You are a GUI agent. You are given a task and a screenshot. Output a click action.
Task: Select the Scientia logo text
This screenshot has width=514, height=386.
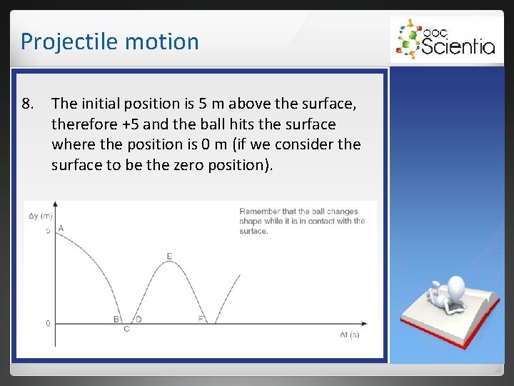tap(458, 46)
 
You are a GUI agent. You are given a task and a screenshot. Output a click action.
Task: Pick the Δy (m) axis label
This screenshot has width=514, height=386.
tap(40, 215)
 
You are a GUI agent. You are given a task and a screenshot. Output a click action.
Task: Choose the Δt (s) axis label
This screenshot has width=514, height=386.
tap(349, 335)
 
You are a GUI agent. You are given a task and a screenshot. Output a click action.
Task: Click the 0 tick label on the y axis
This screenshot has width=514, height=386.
tap(48, 323)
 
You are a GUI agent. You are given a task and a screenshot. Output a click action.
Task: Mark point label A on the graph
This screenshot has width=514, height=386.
tap(61, 228)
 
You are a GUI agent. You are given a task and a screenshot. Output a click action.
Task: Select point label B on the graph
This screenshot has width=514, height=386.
tap(116, 319)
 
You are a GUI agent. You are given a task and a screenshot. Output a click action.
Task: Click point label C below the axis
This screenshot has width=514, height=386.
tap(126, 329)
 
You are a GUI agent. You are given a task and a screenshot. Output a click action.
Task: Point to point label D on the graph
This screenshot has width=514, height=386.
tap(138, 319)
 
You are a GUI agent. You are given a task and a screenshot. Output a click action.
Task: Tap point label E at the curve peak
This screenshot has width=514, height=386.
tap(169, 256)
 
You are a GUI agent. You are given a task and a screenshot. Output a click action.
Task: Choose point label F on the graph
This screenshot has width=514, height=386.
tap(201, 319)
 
